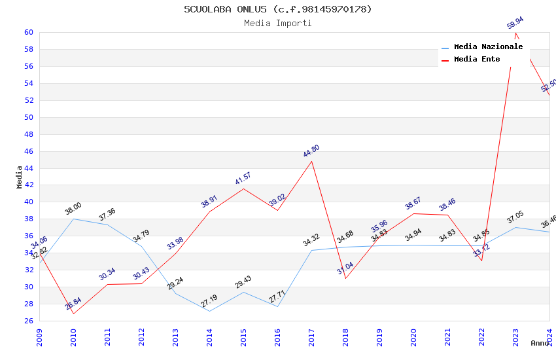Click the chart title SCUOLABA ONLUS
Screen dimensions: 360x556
(x=277, y=9)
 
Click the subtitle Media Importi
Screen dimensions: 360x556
(x=277, y=24)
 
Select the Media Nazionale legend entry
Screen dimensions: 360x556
(x=487, y=47)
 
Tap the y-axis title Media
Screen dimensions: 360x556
(x=20, y=177)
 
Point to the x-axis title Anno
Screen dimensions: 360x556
(x=540, y=343)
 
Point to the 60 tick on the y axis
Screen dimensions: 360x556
(x=29, y=33)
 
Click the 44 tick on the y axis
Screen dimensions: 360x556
(x=29, y=168)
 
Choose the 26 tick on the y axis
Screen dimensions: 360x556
(x=29, y=321)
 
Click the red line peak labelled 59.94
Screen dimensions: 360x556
(x=516, y=33)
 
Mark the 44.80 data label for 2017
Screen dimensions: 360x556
(x=311, y=151)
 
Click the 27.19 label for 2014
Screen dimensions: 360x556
(x=209, y=301)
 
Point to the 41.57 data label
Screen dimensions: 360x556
(x=243, y=178)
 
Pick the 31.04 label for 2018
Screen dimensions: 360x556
(x=345, y=268)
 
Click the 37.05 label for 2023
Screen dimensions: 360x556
(x=515, y=218)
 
